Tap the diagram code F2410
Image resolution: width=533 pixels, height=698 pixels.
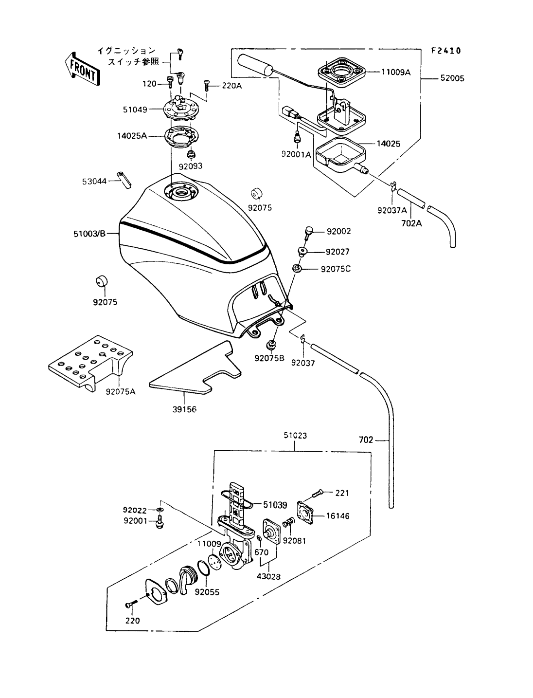[x=445, y=50]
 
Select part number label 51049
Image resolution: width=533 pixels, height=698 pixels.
[x=135, y=110]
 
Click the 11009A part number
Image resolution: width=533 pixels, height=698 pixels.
[x=396, y=72]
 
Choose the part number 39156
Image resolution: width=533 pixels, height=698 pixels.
[x=184, y=409]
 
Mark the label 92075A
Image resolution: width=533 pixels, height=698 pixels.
[x=121, y=390]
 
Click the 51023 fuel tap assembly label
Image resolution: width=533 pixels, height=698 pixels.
[x=295, y=436]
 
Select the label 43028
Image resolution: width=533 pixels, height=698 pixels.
[x=268, y=577]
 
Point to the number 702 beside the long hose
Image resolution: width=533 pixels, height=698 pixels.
[x=366, y=440]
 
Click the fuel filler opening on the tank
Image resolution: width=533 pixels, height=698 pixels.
[x=181, y=193]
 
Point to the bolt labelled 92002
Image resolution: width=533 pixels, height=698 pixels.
[x=307, y=233]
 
